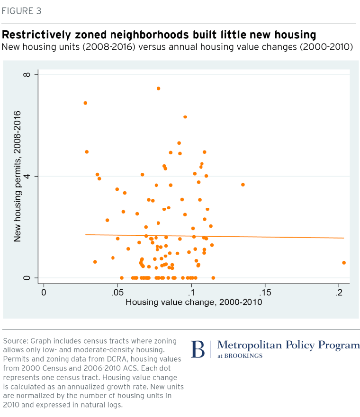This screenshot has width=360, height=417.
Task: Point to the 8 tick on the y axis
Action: [x=27, y=75]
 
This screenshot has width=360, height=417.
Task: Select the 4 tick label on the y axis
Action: [x=27, y=176]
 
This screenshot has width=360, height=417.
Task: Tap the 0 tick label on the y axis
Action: [x=27, y=278]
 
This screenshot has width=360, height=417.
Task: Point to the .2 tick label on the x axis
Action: [x=339, y=292]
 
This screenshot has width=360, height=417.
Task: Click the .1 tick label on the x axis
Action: [x=191, y=292]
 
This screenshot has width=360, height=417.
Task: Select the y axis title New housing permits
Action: [x=18, y=176]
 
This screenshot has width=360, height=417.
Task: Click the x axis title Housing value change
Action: [x=193, y=302]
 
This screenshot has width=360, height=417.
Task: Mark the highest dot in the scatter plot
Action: [x=159, y=89]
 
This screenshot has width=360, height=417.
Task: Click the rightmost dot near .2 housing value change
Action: [x=344, y=263]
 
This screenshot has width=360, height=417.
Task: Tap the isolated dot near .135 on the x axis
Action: [x=243, y=185]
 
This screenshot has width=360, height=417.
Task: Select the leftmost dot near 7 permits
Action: [x=85, y=103]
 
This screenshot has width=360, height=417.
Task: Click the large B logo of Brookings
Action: [x=198, y=349]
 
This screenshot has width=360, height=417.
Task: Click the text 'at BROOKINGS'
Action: [x=240, y=356]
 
